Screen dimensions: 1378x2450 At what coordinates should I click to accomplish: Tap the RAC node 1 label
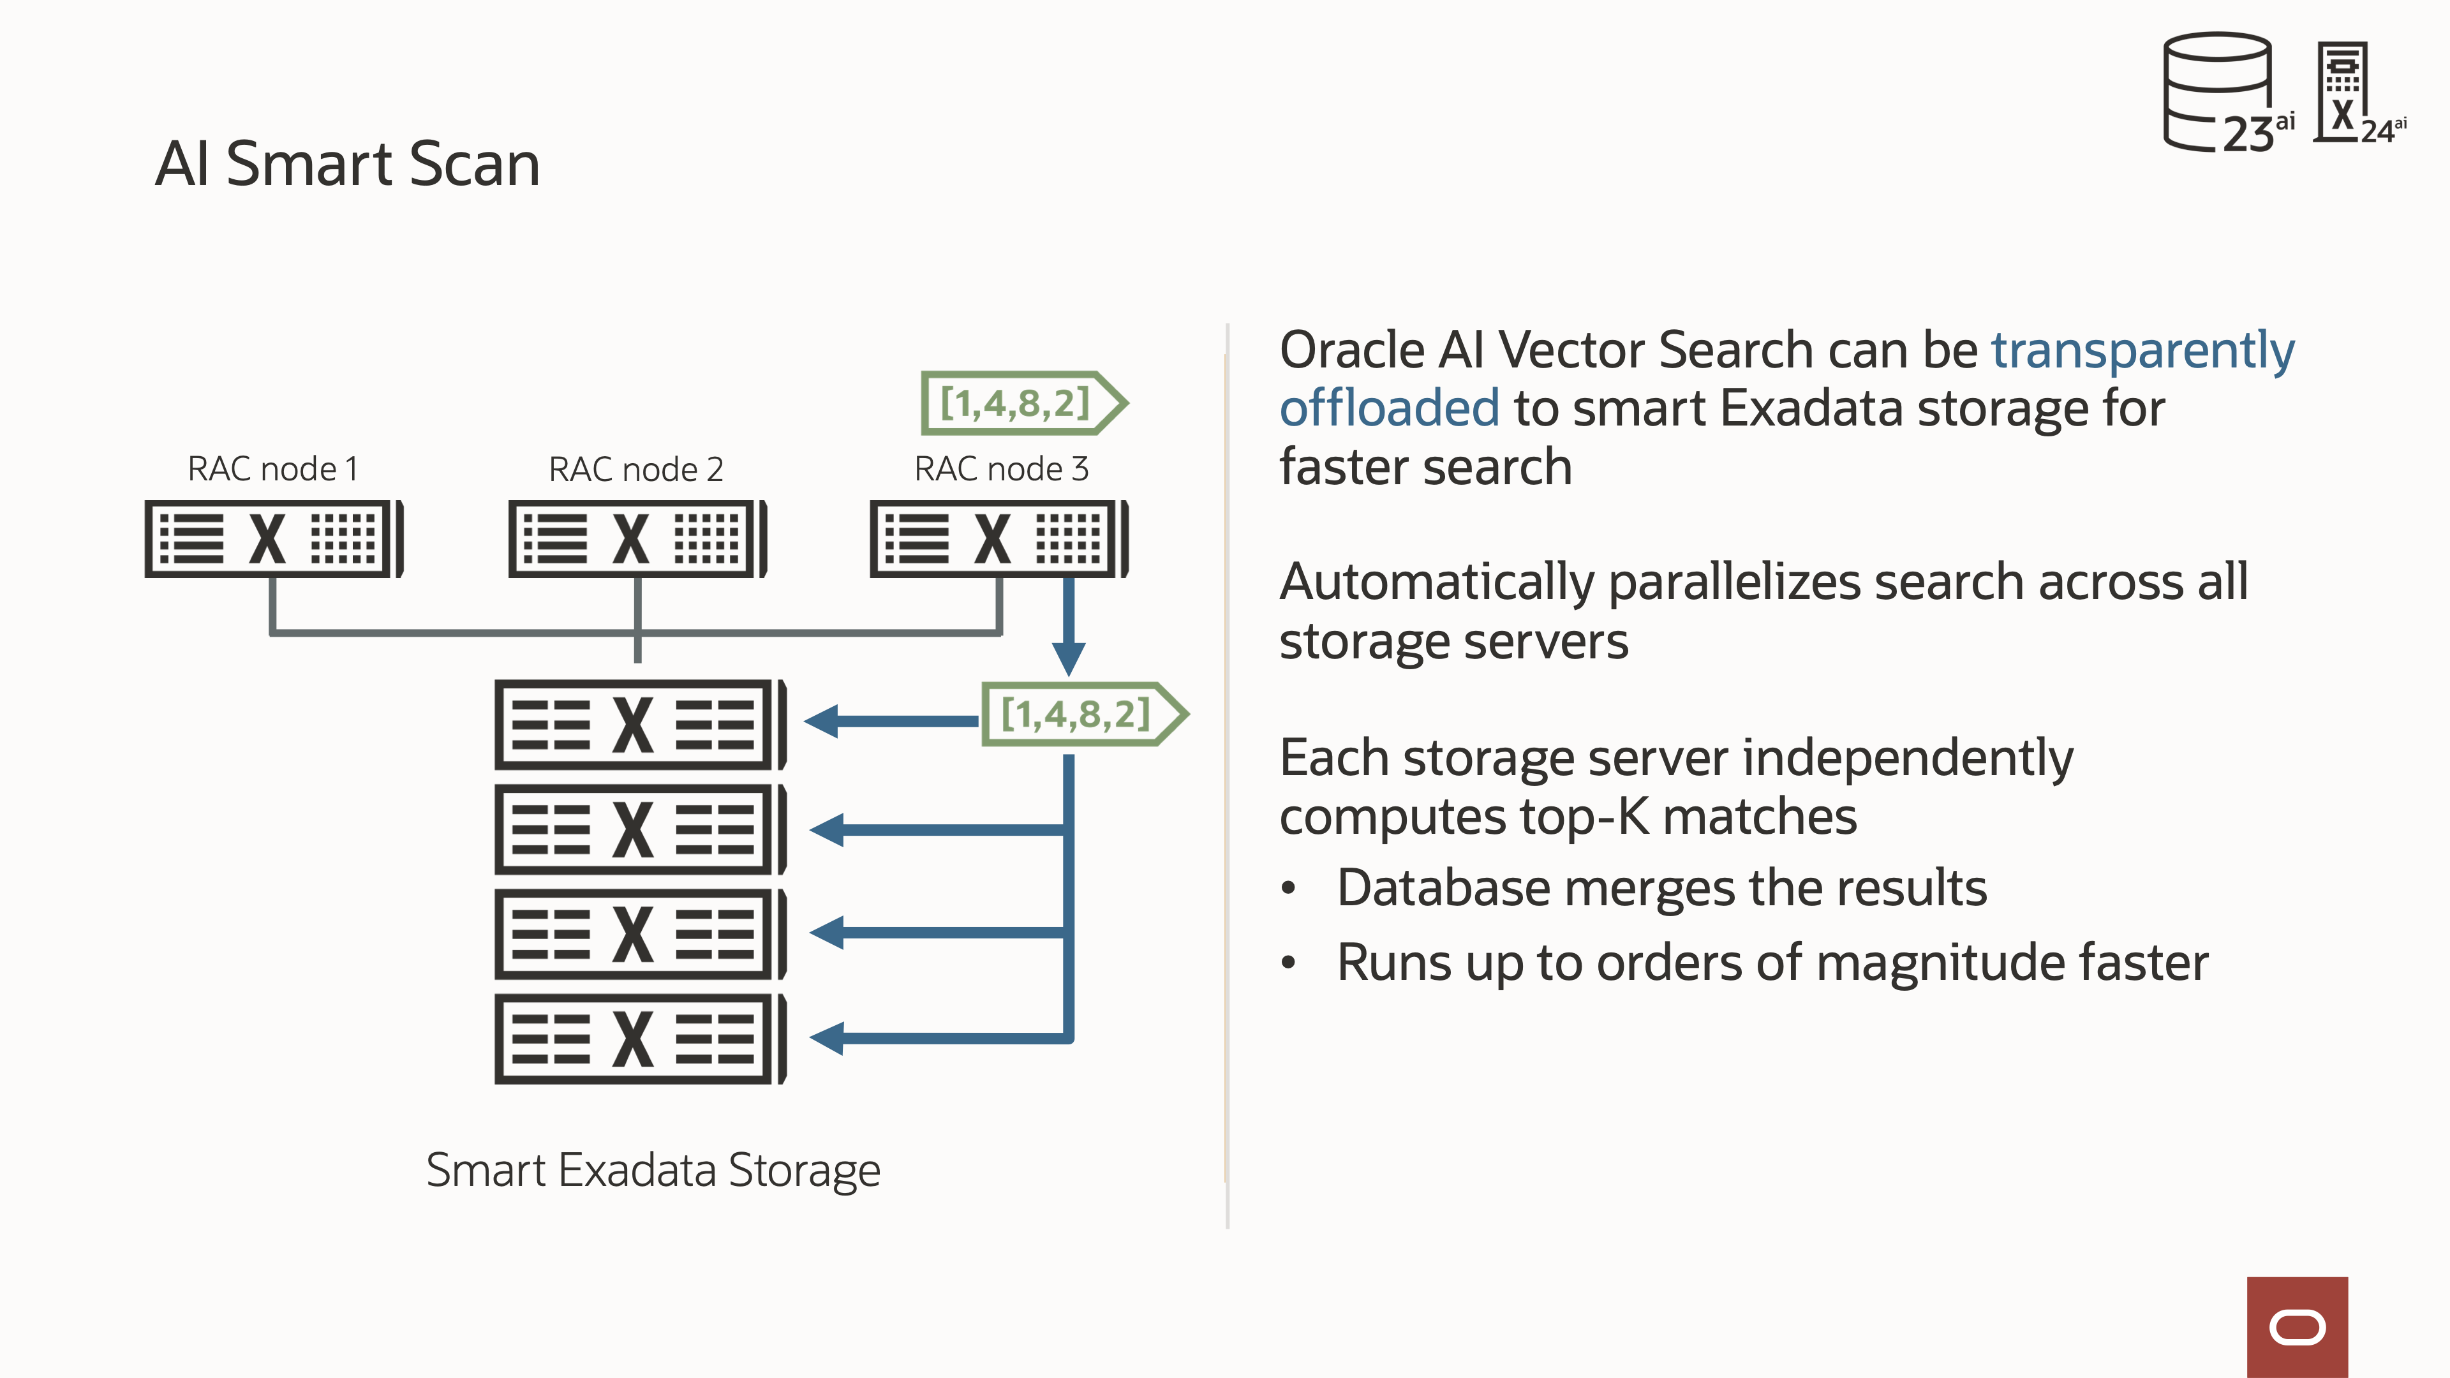coord(273,469)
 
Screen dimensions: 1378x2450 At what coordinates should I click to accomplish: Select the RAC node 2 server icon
coord(637,538)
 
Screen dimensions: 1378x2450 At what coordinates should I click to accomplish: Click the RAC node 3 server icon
coord(999,538)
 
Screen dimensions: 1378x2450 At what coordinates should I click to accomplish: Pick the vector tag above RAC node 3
coord(1022,403)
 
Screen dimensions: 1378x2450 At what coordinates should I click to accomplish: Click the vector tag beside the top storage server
coord(1082,715)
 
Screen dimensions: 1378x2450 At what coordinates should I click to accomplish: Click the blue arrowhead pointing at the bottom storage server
coord(828,1037)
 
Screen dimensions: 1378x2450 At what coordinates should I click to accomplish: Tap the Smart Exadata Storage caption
coord(653,1170)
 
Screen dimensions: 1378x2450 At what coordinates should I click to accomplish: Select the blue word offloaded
coord(1388,409)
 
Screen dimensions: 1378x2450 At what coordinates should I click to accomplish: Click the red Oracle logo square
coord(2297,1327)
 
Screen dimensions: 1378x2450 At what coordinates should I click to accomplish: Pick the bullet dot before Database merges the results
coord(1289,888)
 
